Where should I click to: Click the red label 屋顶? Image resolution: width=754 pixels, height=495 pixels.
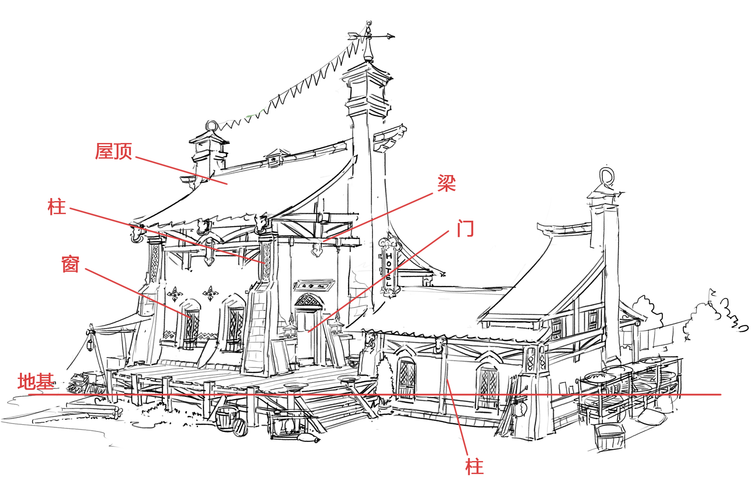(x=113, y=151)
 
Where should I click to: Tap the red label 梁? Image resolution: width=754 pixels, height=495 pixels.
(x=446, y=183)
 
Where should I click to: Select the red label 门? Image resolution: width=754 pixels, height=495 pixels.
(x=465, y=229)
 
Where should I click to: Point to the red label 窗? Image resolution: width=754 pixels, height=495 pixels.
(x=70, y=264)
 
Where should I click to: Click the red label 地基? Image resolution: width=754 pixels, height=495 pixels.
(x=36, y=381)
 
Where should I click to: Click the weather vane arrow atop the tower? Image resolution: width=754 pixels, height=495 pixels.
(x=371, y=36)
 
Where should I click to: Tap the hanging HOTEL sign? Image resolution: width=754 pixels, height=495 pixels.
(x=389, y=268)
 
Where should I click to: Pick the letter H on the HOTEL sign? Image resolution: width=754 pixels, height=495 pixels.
(x=389, y=256)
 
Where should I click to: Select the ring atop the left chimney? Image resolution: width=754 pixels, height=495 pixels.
(x=212, y=125)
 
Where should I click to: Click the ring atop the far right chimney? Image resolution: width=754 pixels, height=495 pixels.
(x=607, y=176)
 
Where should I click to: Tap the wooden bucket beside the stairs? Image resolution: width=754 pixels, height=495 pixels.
(x=226, y=418)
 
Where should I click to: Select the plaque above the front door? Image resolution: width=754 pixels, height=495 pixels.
(x=314, y=285)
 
